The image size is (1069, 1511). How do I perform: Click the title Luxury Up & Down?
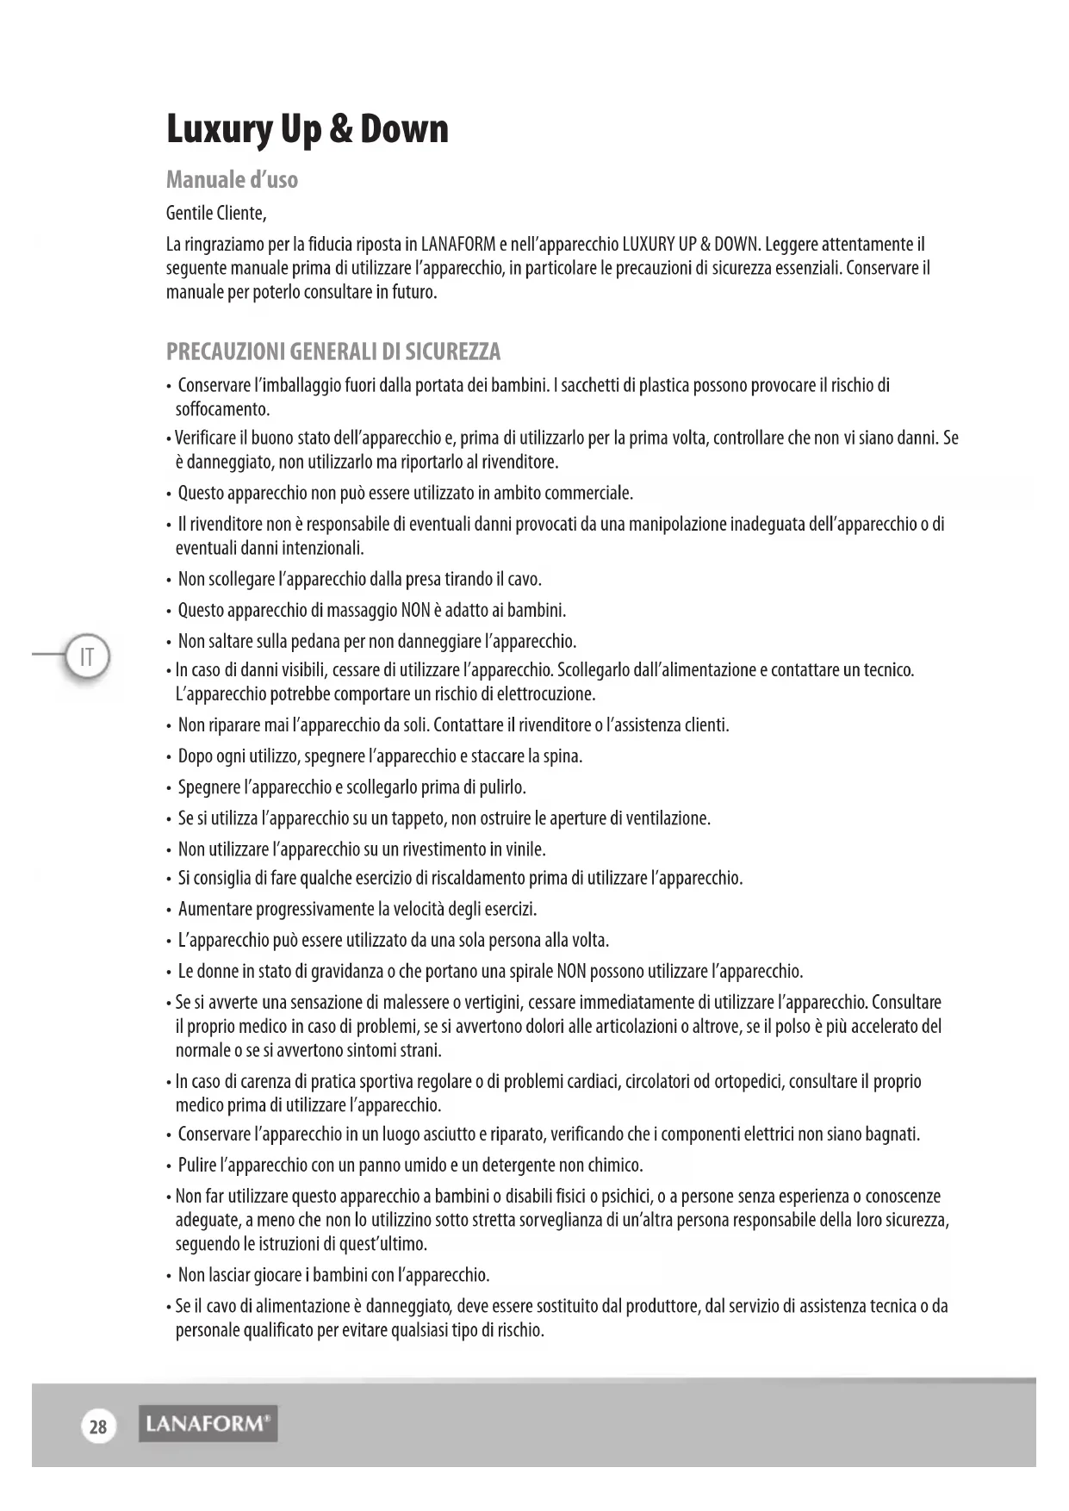[307, 129]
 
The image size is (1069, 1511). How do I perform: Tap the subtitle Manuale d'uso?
[232, 180]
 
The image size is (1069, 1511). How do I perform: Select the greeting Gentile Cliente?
[215, 213]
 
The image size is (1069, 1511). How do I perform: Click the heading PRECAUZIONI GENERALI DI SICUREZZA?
[333, 351]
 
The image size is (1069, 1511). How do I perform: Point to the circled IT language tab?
[86, 658]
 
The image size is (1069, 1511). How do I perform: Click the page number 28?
[98, 1427]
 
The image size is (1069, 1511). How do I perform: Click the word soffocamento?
[222, 409]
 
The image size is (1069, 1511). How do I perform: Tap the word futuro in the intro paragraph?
[413, 293]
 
